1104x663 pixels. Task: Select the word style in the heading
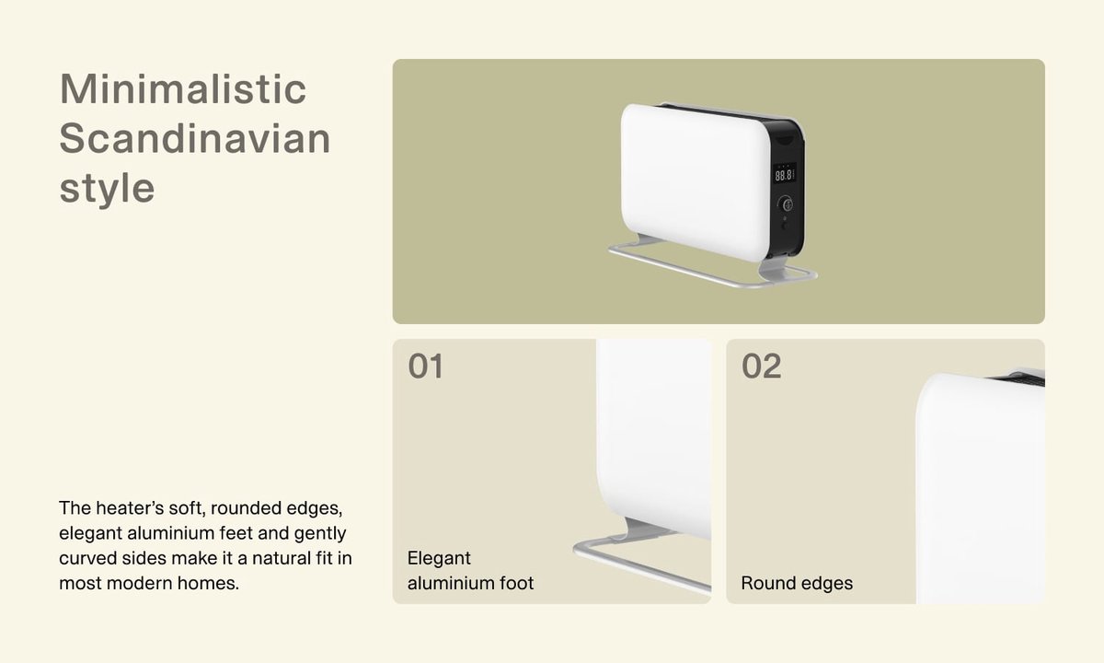(x=107, y=189)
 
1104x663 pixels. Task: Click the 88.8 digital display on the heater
(x=784, y=175)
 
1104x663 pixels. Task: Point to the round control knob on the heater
(x=786, y=204)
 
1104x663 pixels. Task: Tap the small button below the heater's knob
(x=785, y=219)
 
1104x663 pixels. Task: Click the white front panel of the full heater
(x=696, y=181)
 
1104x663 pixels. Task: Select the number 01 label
(x=425, y=366)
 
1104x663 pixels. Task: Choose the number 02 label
(x=761, y=366)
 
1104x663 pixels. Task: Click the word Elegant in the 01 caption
(x=439, y=558)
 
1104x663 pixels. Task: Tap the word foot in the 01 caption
(x=516, y=583)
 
